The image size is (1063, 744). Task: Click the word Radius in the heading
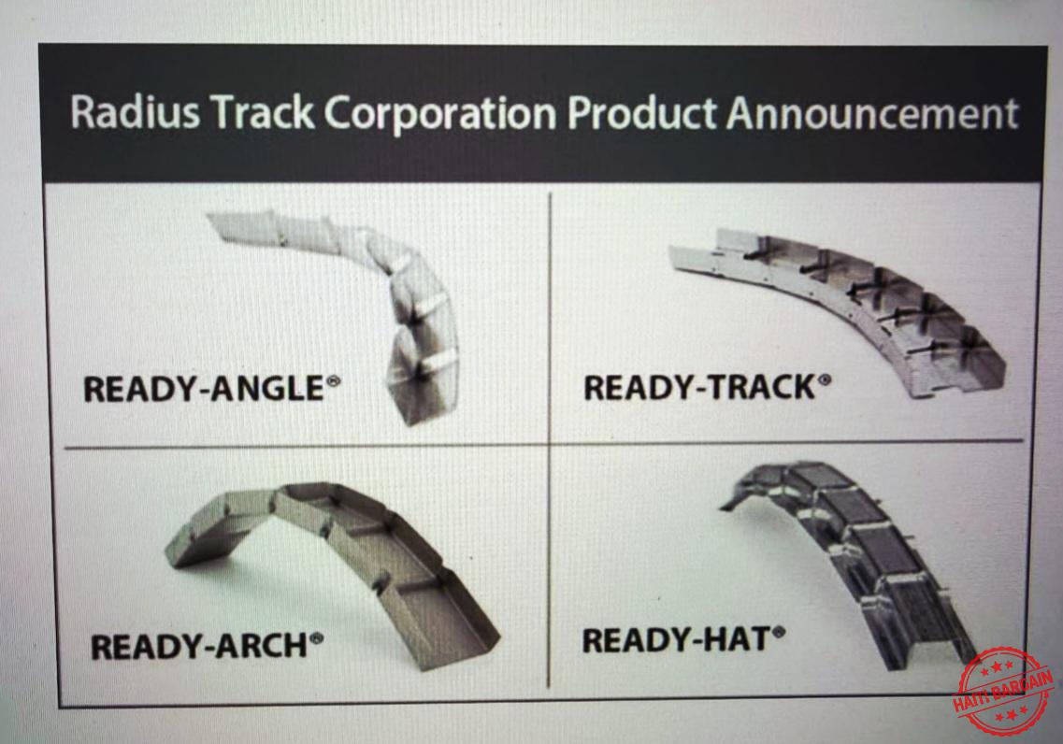135,112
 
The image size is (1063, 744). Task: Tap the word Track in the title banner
265,112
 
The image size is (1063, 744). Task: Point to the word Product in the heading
641,113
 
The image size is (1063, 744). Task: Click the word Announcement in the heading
872,113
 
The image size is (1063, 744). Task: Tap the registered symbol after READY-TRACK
824,379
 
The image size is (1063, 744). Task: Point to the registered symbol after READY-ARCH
316,638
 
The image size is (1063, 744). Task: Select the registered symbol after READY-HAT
778,633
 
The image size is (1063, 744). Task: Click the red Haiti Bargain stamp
1004,691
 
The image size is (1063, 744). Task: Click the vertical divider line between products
549,440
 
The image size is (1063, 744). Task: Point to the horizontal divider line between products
544,445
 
